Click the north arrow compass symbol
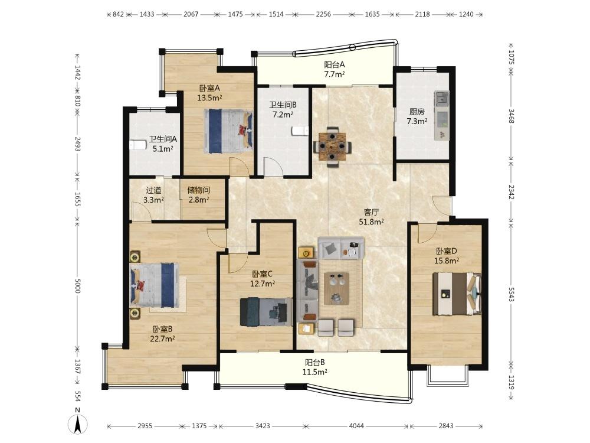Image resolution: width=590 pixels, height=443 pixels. pos(78,424)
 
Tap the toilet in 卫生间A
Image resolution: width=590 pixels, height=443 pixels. pos(137,145)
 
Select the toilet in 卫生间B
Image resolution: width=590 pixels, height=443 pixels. pos(300,131)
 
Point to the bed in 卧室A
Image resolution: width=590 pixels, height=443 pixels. pos(228,131)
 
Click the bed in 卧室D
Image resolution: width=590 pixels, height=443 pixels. pos(457,294)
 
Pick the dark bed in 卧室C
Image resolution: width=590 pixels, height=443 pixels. pos(266,311)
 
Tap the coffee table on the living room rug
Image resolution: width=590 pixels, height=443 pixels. pos(336,288)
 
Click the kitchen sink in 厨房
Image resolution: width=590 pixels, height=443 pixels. pos(441,97)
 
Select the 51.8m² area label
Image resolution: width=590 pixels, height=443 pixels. pos(371,222)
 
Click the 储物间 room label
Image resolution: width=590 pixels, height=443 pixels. pos(199,190)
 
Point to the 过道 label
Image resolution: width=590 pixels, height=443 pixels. pos(153,190)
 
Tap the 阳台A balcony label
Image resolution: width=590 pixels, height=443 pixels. pos(335,64)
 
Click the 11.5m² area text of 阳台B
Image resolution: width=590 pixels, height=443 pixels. pos(314,372)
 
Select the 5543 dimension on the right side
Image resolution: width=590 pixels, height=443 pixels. pos(510,294)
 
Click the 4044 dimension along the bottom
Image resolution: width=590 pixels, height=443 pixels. pos(356,426)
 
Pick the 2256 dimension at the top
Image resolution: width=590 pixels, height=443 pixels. pos(323,14)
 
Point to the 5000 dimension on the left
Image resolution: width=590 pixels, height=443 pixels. pos(77,285)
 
